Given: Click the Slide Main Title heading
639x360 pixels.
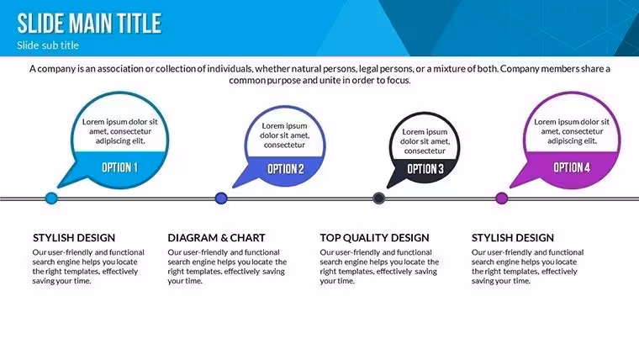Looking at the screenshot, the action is (x=89, y=23).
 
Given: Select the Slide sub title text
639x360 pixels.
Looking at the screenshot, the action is (x=48, y=45).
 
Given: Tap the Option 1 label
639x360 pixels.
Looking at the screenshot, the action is (x=119, y=167).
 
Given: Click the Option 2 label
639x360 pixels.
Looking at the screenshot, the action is (x=286, y=169).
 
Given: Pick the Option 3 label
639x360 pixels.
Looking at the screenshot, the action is (x=425, y=169).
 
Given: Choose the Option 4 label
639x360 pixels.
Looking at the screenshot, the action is (x=572, y=167).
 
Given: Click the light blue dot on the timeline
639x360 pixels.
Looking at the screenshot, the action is (x=51, y=199).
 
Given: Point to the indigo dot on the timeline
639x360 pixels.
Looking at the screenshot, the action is (x=221, y=199).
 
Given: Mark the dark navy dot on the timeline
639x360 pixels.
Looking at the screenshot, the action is (x=379, y=199).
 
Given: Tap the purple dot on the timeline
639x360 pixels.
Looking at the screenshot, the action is (x=502, y=199).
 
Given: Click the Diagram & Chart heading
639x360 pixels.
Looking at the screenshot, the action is (x=216, y=238).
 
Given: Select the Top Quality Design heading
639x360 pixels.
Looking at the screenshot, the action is (x=374, y=238).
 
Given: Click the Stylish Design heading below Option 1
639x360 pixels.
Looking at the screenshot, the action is (x=74, y=238).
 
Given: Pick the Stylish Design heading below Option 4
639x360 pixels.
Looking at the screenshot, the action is (x=513, y=238).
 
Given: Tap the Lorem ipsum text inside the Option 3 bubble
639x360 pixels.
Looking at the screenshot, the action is (x=425, y=141).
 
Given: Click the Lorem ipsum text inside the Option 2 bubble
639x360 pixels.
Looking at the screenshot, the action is (x=284, y=135).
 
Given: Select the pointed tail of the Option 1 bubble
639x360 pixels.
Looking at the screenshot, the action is (x=59, y=187).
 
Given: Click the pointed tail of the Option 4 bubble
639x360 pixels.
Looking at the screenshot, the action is (x=511, y=187).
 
